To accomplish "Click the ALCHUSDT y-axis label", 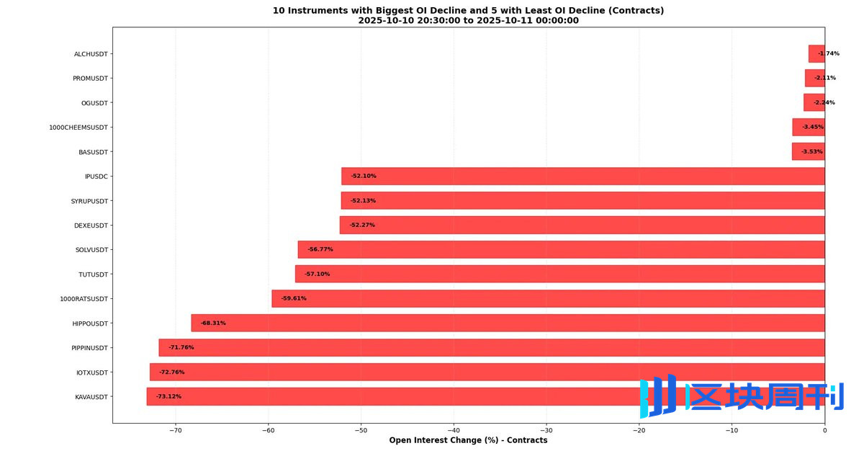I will tap(91, 54).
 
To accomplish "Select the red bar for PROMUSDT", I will tap(814, 78).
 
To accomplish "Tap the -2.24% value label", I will tap(824, 102).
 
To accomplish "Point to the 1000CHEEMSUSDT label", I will tap(78, 128).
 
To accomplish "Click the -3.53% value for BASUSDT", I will tap(811, 152).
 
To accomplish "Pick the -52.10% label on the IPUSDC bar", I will tap(364, 176).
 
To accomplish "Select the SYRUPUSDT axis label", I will tap(89, 201).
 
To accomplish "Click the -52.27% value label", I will tap(362, 225).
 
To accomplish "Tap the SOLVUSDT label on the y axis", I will tap(91, 250).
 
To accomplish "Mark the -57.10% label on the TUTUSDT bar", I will tap(317, 274).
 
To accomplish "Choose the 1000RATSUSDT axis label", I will tap(84, 299).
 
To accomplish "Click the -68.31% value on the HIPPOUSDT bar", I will tap(213, 323).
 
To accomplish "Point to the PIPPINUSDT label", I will tap(89, 348).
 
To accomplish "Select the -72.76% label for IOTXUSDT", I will tap(171, 372).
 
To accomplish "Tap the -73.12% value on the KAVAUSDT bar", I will tap(168, 396).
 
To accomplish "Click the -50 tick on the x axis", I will tap(361, 431).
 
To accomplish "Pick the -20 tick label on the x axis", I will tap(639, 431).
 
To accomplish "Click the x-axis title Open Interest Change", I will tap(468, 440).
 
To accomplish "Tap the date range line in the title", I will tap(468, 21).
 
